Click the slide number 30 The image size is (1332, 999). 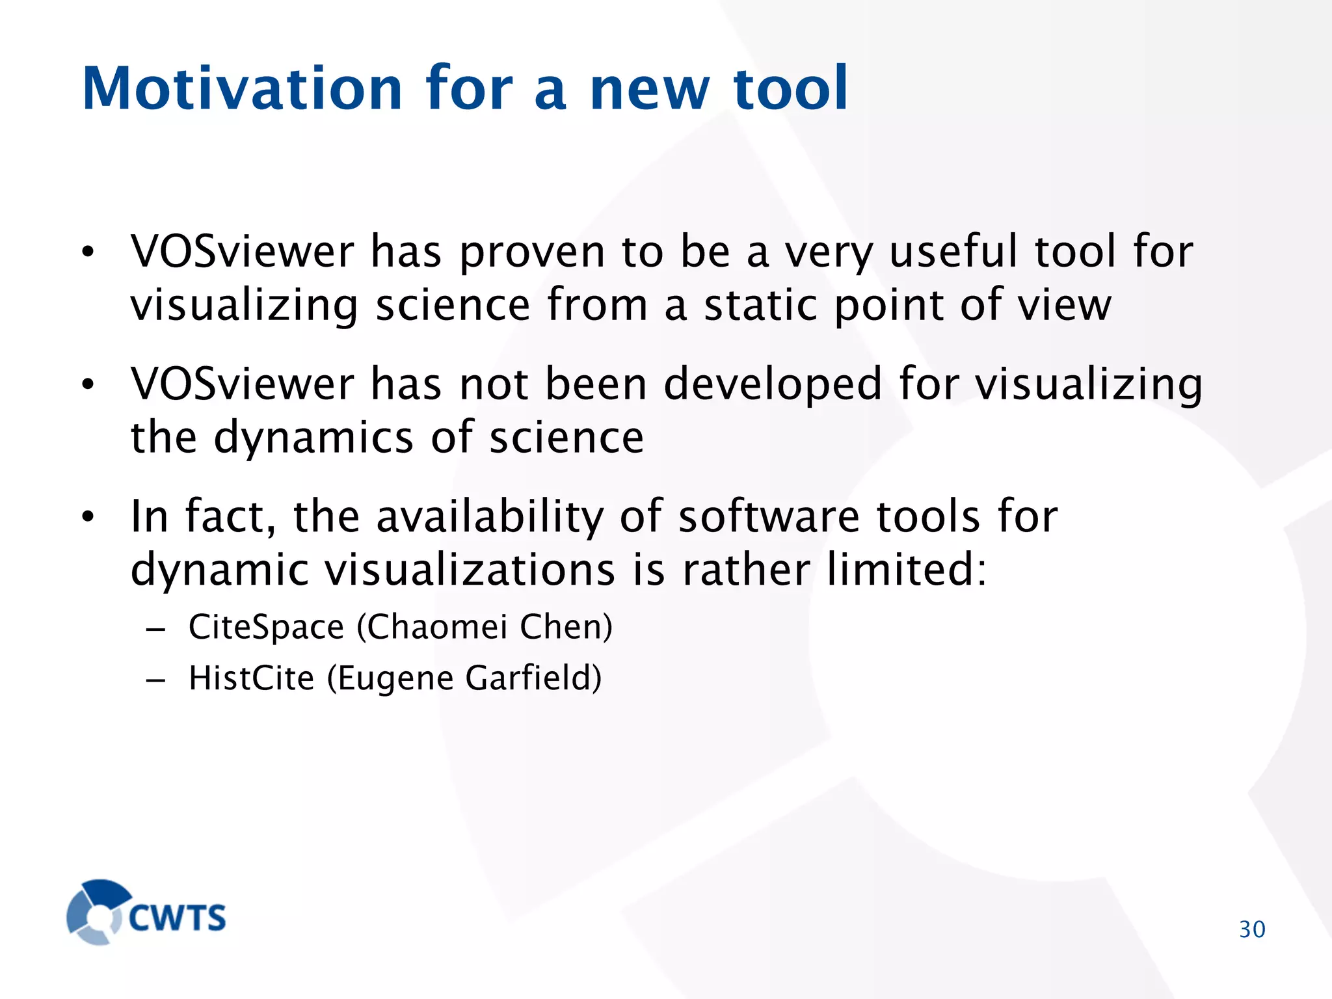[1252, 929]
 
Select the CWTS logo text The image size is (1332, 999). [177, 918]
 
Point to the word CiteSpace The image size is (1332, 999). [266, 628]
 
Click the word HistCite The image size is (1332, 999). [252, 678]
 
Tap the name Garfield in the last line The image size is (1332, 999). [533, 678]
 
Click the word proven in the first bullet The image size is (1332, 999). [532, 252]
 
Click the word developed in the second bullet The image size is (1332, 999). [773, 384]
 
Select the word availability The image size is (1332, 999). [490, 517]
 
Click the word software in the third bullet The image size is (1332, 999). [769, 517]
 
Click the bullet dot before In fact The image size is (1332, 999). [88, 518]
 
